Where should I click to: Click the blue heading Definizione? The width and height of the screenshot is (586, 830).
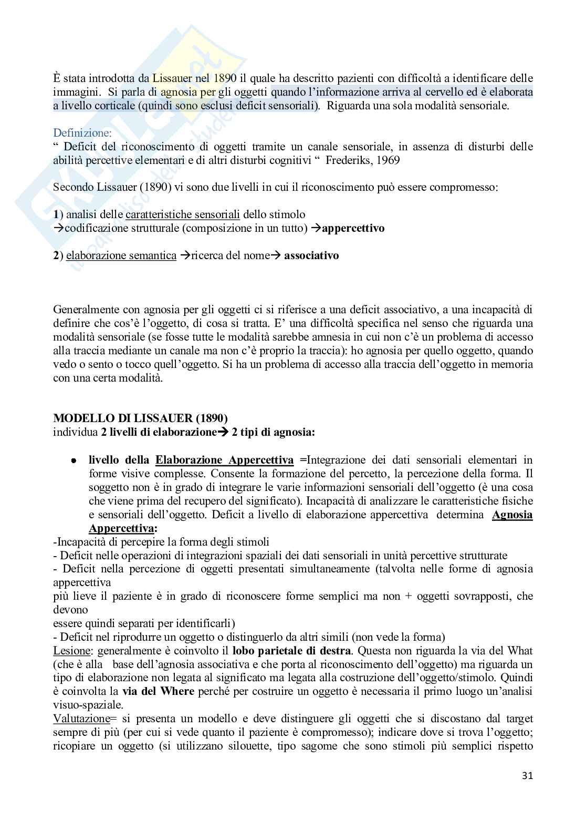point(82,133)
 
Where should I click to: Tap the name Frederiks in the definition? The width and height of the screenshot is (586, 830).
point(348,160)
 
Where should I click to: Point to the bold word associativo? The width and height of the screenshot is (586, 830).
point(311,255)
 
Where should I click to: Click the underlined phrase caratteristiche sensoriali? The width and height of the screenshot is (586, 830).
point(183,214)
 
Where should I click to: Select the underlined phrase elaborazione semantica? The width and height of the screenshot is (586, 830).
point(121,255)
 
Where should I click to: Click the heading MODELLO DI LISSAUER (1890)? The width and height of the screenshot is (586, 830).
point(141,418)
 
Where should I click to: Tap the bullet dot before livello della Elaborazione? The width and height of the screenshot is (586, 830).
point(75,460)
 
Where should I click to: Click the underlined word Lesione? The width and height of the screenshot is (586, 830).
point(70,651)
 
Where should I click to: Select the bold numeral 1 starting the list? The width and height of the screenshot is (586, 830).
point(56,214)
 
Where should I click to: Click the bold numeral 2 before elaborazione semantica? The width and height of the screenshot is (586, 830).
point(56,255)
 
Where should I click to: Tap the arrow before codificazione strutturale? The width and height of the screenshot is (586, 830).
point(59,229)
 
